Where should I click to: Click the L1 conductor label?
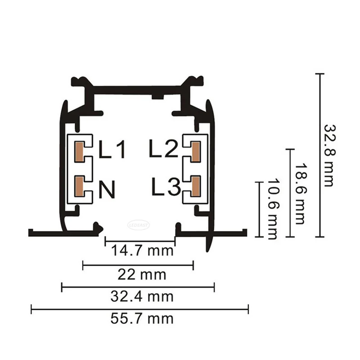[113, 151]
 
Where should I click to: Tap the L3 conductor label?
[166, 187]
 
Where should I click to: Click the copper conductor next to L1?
[79, 151]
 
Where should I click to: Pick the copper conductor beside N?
[79, 186]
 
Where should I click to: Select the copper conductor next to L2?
[196, 151]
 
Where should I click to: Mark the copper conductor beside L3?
[196, 186]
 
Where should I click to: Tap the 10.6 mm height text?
[271, 209]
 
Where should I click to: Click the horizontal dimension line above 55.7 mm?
[139, 309]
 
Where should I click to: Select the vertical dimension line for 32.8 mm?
[319, 155]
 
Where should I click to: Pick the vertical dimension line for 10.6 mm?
[258, 209]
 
